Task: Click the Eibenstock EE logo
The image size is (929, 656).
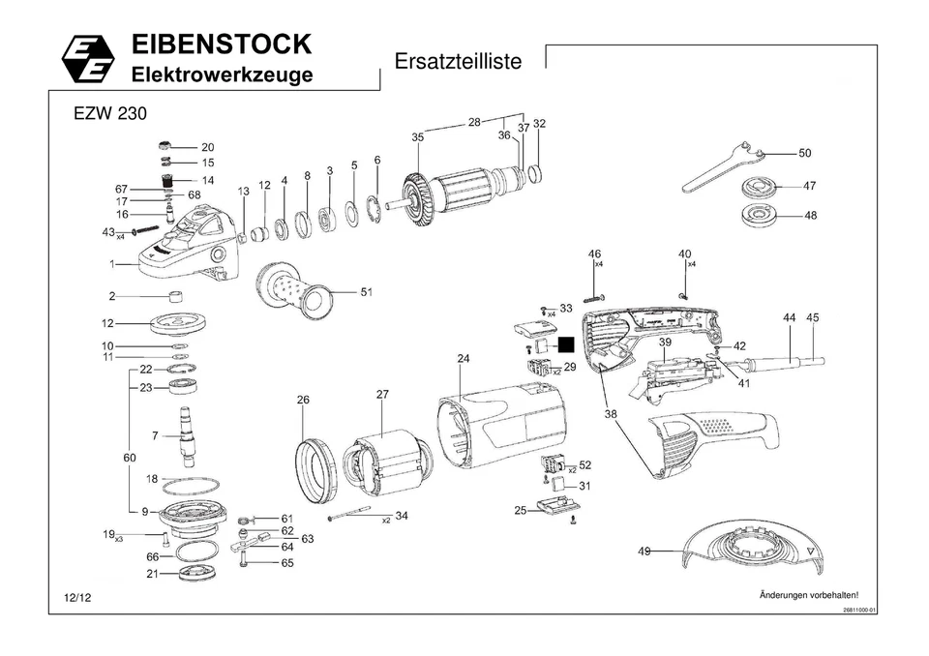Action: tap(88, 60)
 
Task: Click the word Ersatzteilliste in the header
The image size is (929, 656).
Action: tap(458, 62)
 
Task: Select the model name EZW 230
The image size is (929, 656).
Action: tap(110, 114)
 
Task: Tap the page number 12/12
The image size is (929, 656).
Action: tap(77, 599)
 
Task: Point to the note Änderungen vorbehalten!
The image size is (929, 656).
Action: tap(808, 594)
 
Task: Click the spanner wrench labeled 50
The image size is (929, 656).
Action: tap(724, 167)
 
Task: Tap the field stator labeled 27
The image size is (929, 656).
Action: tap(384, 468)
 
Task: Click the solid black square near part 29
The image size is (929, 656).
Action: tap(565, 343)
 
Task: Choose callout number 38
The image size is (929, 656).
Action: tap(611, 413)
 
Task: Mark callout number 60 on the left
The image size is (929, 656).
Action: tap(129, 457)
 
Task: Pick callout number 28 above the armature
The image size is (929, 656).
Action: tap(474, 122)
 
